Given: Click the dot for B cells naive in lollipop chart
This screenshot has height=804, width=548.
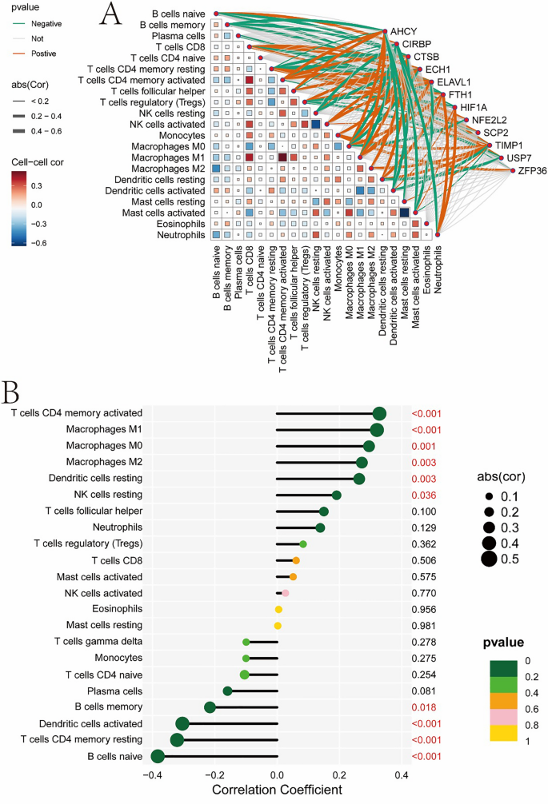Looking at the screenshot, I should pyautogui.click(x=158, y=756).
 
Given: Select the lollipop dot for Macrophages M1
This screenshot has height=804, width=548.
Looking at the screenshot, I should pyautogui.click(x=377, y=430).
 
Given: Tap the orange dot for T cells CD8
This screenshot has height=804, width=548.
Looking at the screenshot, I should pyautogui.click(x=296, y=561).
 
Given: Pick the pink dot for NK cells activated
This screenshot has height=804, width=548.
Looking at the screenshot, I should pyautogui.click(x=286, y=593).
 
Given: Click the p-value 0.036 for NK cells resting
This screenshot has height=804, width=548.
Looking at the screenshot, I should pyautogui.click(x=425, y=496).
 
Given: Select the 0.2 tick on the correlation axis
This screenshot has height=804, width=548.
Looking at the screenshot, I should pyautogui.click(x=339, y=774).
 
